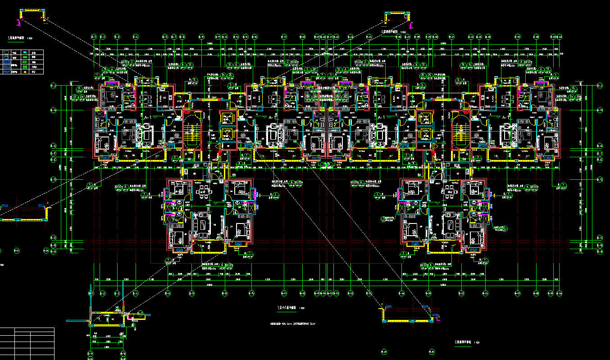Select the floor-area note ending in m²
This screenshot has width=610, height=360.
pos(293,324)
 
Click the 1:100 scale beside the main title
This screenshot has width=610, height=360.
pos(301,308)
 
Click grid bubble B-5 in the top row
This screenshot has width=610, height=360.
pos(165,36)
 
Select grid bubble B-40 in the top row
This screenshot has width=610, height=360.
pos(560,36)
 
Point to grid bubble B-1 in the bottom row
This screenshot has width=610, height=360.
pos(91,293)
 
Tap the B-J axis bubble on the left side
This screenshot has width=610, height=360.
pos(53,85)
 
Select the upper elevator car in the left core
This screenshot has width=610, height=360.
pos(226,119)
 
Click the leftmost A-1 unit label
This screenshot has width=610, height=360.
pos(147,117)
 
